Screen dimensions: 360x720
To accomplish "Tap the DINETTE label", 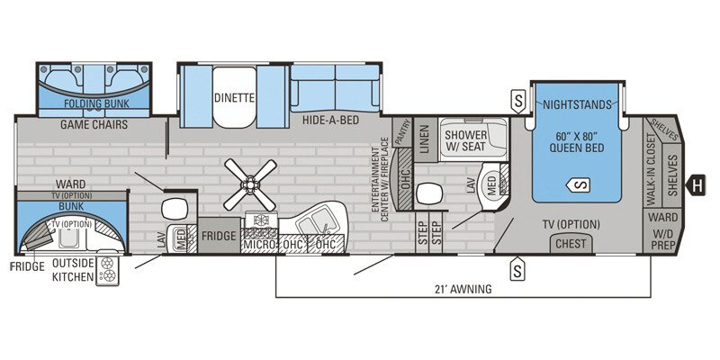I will pos(234,98).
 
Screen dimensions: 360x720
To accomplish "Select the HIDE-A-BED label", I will pos(331,119).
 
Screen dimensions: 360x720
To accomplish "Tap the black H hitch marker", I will pos(696,186).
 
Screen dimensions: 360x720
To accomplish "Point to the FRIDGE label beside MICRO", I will pos(218,237).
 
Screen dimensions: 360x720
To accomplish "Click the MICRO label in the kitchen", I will pos(257,244).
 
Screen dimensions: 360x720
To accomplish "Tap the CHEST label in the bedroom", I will pos(571,243).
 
